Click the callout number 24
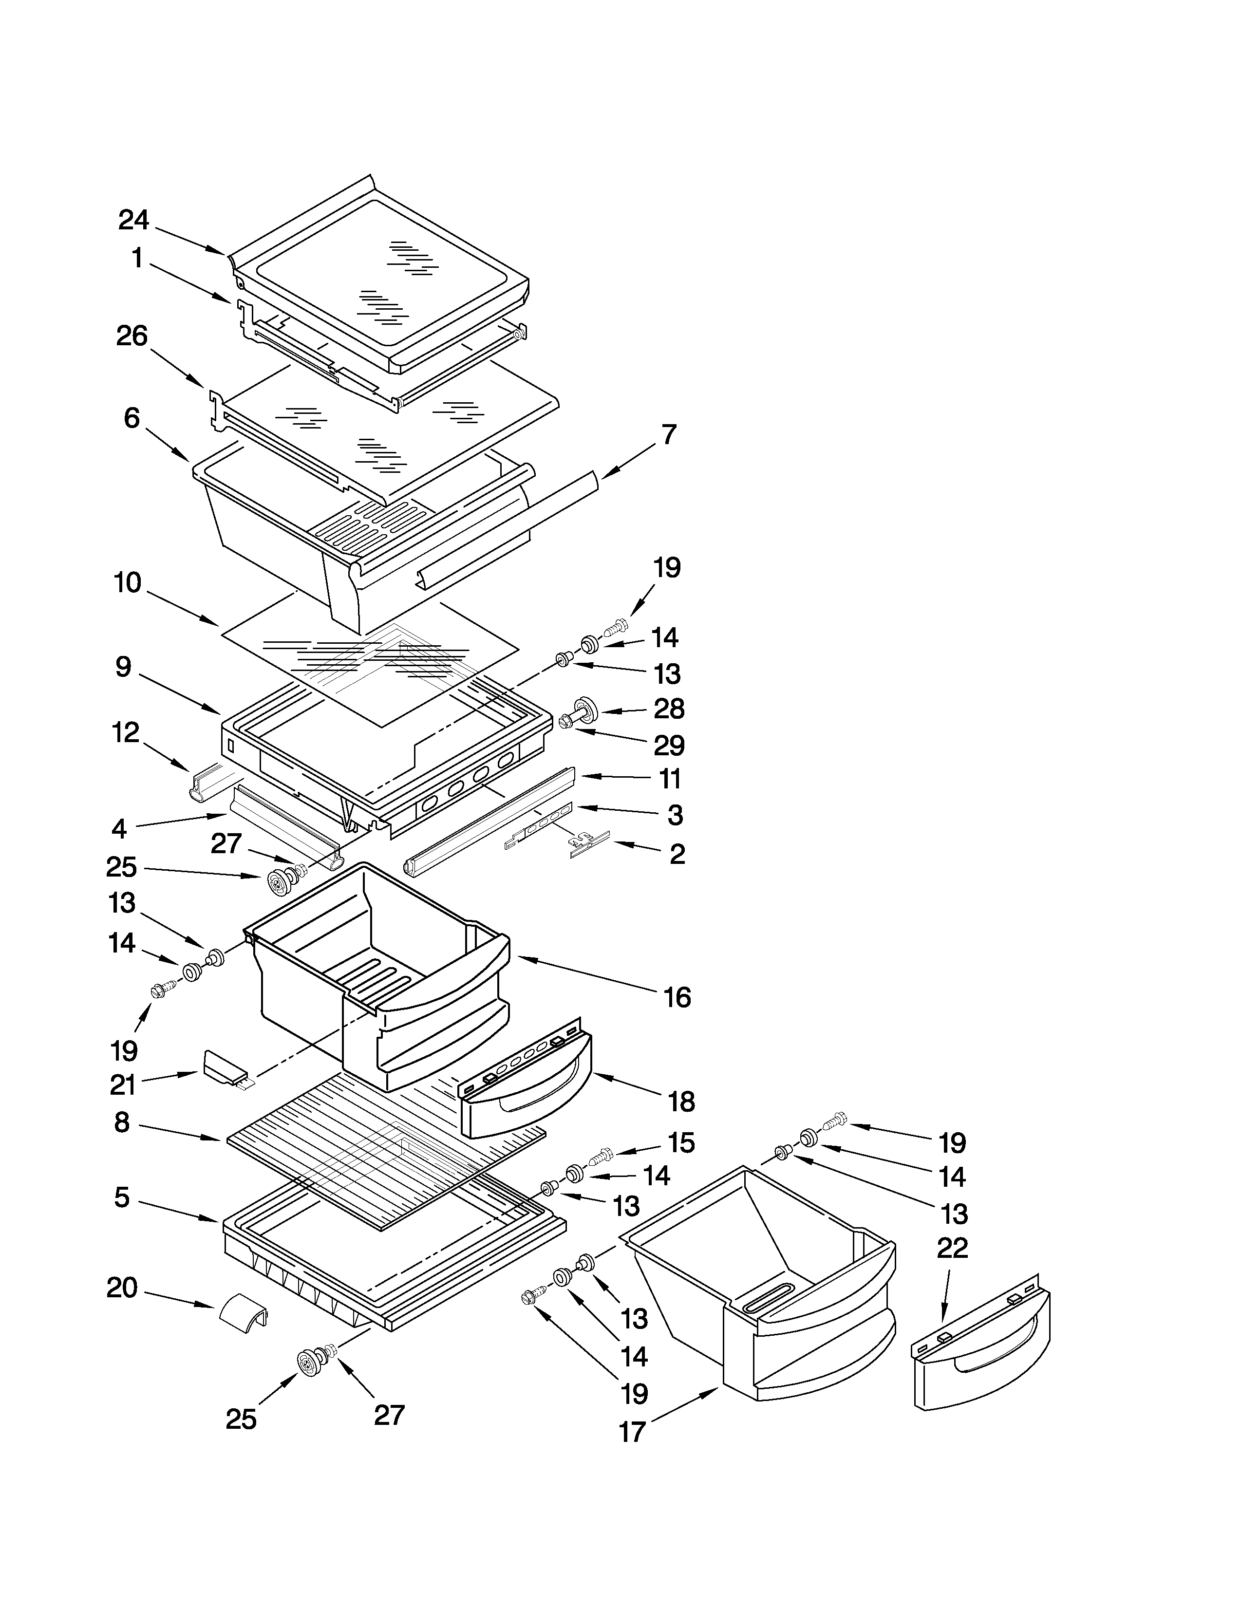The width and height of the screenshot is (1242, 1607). tap(134, 220)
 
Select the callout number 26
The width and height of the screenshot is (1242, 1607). tap(132, 336)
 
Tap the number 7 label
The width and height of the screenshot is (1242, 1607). tap(668, 435)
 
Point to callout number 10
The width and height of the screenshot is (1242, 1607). tap(127, 583)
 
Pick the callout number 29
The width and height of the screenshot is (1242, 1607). tap(669, 746)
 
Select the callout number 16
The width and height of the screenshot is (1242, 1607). tap(677, 998)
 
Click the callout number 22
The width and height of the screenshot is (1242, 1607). tap(952, 1249)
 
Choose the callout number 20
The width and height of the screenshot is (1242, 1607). tap(122, 1288)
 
